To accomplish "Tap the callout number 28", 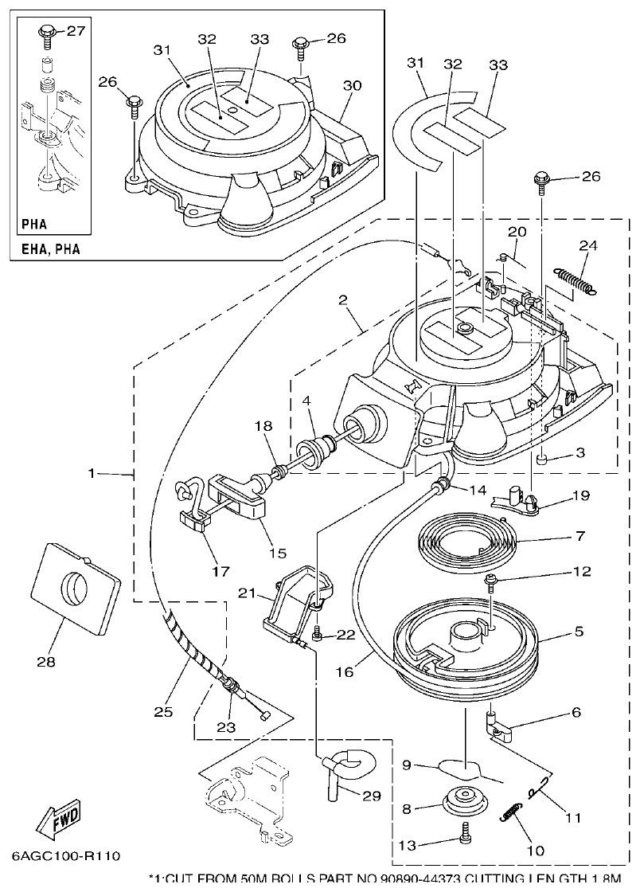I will (x=46, y=661).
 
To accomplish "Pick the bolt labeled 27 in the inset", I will (x=47, y=34).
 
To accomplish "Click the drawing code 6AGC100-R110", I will (x=65, y=856).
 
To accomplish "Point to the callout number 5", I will (x=579, y=631).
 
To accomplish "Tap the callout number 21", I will (x=247, y=593).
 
